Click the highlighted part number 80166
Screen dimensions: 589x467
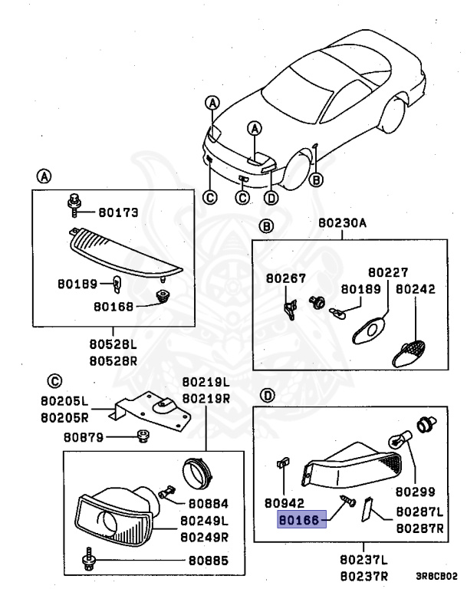point(300,519)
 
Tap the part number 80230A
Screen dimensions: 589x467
point(342,223)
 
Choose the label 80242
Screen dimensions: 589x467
point(416,290)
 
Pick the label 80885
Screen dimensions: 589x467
point(206,561)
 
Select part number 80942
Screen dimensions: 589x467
point(285,504)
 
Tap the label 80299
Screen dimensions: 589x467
point(416,492)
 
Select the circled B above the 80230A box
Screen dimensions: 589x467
point(265,226)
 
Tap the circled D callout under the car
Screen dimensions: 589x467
point(270,197)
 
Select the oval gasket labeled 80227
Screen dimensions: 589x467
point(367,331)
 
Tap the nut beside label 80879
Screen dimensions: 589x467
point(141,436)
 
